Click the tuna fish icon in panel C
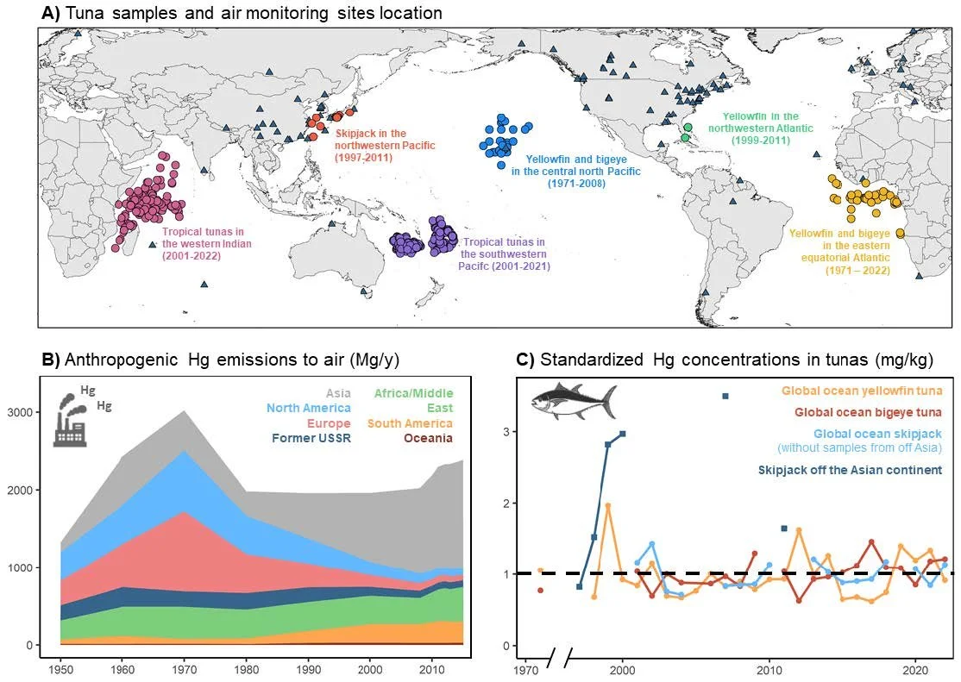click(573, 402)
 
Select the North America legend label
click(309, 408)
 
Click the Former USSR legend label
click(311, 438)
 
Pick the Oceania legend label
click(429, 438)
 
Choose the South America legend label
click(410, 423)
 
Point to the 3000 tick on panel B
click(20, 412)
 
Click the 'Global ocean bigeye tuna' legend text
click(869, 412)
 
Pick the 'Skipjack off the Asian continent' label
click(850, 471)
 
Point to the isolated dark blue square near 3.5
click(725, 397)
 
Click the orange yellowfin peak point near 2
click(608, 506)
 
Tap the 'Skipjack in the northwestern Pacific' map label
click(385, 145)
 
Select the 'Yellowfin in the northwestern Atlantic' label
click(761, 128)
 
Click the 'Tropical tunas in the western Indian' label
click(206, 244)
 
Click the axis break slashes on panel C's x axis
click(559, 658)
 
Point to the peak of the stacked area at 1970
click(185, 412)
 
